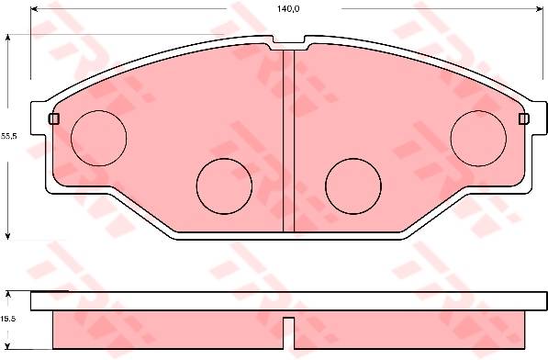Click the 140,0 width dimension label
(288, 9)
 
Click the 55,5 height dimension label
(8, 136)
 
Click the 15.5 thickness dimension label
(8, 319)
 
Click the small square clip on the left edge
(54, 118)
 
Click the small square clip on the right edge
(524, 118)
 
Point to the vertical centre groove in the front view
(288, 141)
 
